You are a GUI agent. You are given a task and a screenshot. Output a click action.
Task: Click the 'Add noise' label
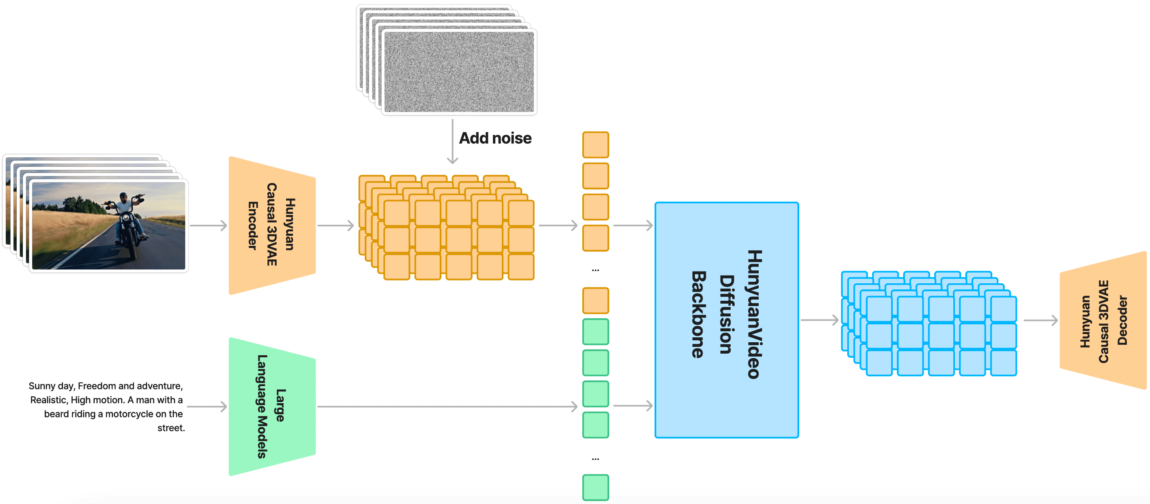(495, 138)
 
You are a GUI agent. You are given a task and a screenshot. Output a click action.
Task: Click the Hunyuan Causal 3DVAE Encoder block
(271, 225)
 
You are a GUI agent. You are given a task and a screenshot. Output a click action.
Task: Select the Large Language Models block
(271, 406)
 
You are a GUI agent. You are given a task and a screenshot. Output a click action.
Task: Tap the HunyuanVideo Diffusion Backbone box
(726, 319)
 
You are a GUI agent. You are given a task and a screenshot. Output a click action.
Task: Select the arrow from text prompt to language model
(207, 406)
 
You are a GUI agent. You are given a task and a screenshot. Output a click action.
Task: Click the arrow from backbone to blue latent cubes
(819, 319)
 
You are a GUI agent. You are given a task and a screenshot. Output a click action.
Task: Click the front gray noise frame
(458, 72)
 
